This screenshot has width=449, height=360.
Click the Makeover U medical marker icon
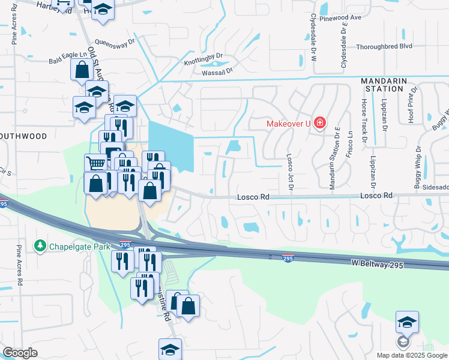click(320, 124)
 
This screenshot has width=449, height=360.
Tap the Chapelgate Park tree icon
click(40, 245)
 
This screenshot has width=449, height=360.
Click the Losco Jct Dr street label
click(289, 170)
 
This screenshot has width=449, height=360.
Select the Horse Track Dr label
click(364, 115)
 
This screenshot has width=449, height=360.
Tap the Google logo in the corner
click(20, 353)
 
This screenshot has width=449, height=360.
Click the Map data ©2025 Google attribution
click(411, 355)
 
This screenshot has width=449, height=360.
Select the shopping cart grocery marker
click(95, 163)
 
